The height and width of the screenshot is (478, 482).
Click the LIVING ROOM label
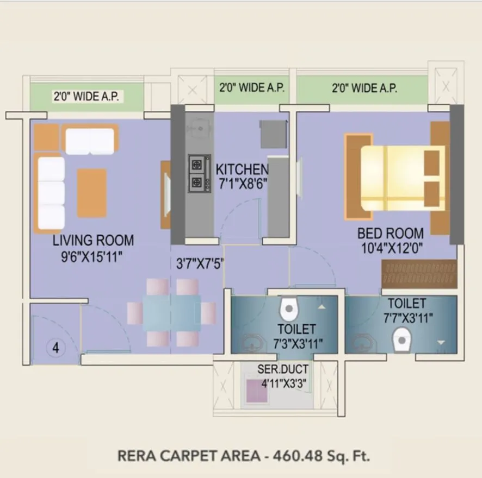point(93,241)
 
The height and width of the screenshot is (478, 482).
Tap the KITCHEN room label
point(242,169)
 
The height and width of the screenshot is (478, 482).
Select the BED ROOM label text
point(390,234)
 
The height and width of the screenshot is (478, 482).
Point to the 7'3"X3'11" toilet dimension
point(296,343)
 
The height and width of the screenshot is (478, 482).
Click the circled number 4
point(55,347)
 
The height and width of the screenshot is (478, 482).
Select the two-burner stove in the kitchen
point(199,173)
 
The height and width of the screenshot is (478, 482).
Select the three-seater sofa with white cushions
point(50,193)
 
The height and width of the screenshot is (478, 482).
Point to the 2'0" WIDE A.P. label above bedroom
point(364,88)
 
